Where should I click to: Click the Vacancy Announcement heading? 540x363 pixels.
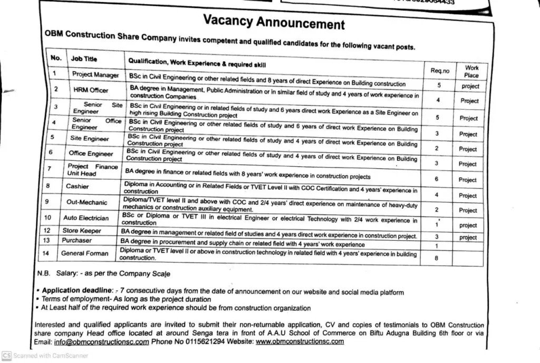[274, 23]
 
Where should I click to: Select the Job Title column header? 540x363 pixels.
[84, 59]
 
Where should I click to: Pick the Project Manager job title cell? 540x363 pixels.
[95, 75]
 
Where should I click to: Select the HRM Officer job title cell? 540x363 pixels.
[91, 90]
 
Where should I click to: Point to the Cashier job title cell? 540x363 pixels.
[78, 186]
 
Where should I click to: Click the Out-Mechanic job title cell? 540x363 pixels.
[86, 202]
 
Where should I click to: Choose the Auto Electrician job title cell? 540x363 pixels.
[86, 218]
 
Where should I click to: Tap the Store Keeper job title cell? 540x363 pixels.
[82, 231]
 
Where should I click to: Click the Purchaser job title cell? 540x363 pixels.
[76, 240]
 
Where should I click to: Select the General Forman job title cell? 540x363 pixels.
[84, 253]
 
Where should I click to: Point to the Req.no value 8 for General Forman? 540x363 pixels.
[436, 258]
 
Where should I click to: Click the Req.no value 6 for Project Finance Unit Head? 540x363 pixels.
[437, 179]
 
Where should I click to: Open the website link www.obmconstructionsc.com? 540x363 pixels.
[300, 341]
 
